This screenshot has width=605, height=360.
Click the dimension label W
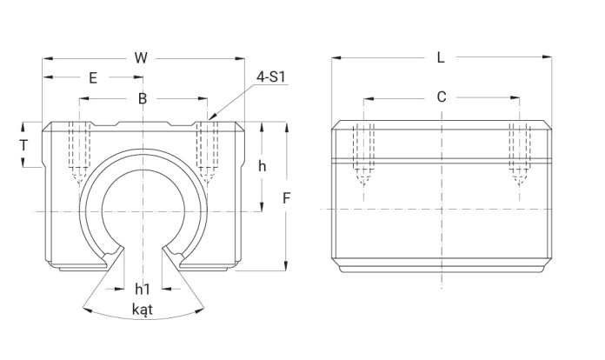[x=141, y=58]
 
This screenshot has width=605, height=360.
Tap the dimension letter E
[x=93, y=78]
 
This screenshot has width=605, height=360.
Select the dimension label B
[x=143, y=99]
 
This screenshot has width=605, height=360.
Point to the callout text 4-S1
[x=271, y=77]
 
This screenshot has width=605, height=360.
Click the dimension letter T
[x=24, y=145]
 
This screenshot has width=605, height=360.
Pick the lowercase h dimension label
[x=262, y=166]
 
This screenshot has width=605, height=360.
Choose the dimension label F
[x=286, y=198]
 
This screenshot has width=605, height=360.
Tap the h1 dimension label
[x=143, y=289]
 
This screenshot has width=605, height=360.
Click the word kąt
[x=143, y=310]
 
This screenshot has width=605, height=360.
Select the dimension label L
[x=441, y=58]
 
